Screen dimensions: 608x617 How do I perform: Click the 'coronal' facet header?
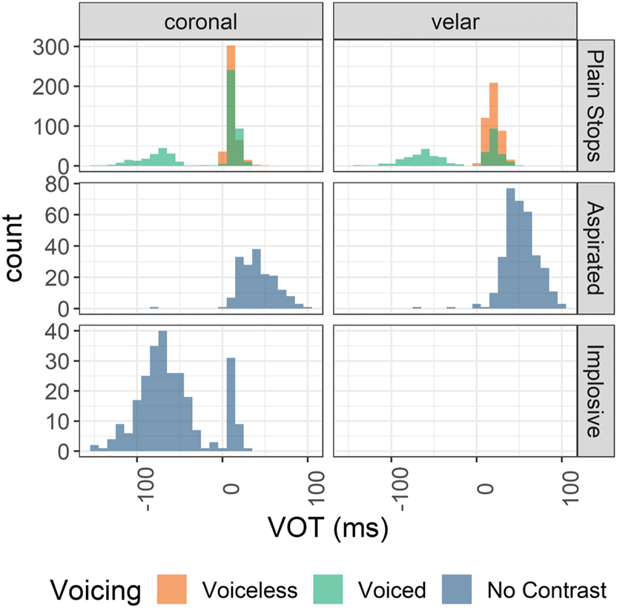click(x=201, y=22)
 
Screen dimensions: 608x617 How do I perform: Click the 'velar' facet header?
click(x=455, y=22)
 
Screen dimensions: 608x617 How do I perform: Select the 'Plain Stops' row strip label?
click(x=597, y=107)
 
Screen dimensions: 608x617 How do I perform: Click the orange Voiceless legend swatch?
click(x=174, y=589)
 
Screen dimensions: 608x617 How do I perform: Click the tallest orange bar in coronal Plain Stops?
click(x=231, y=104)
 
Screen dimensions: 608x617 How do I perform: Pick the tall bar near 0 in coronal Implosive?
click(x=231, y=404)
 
